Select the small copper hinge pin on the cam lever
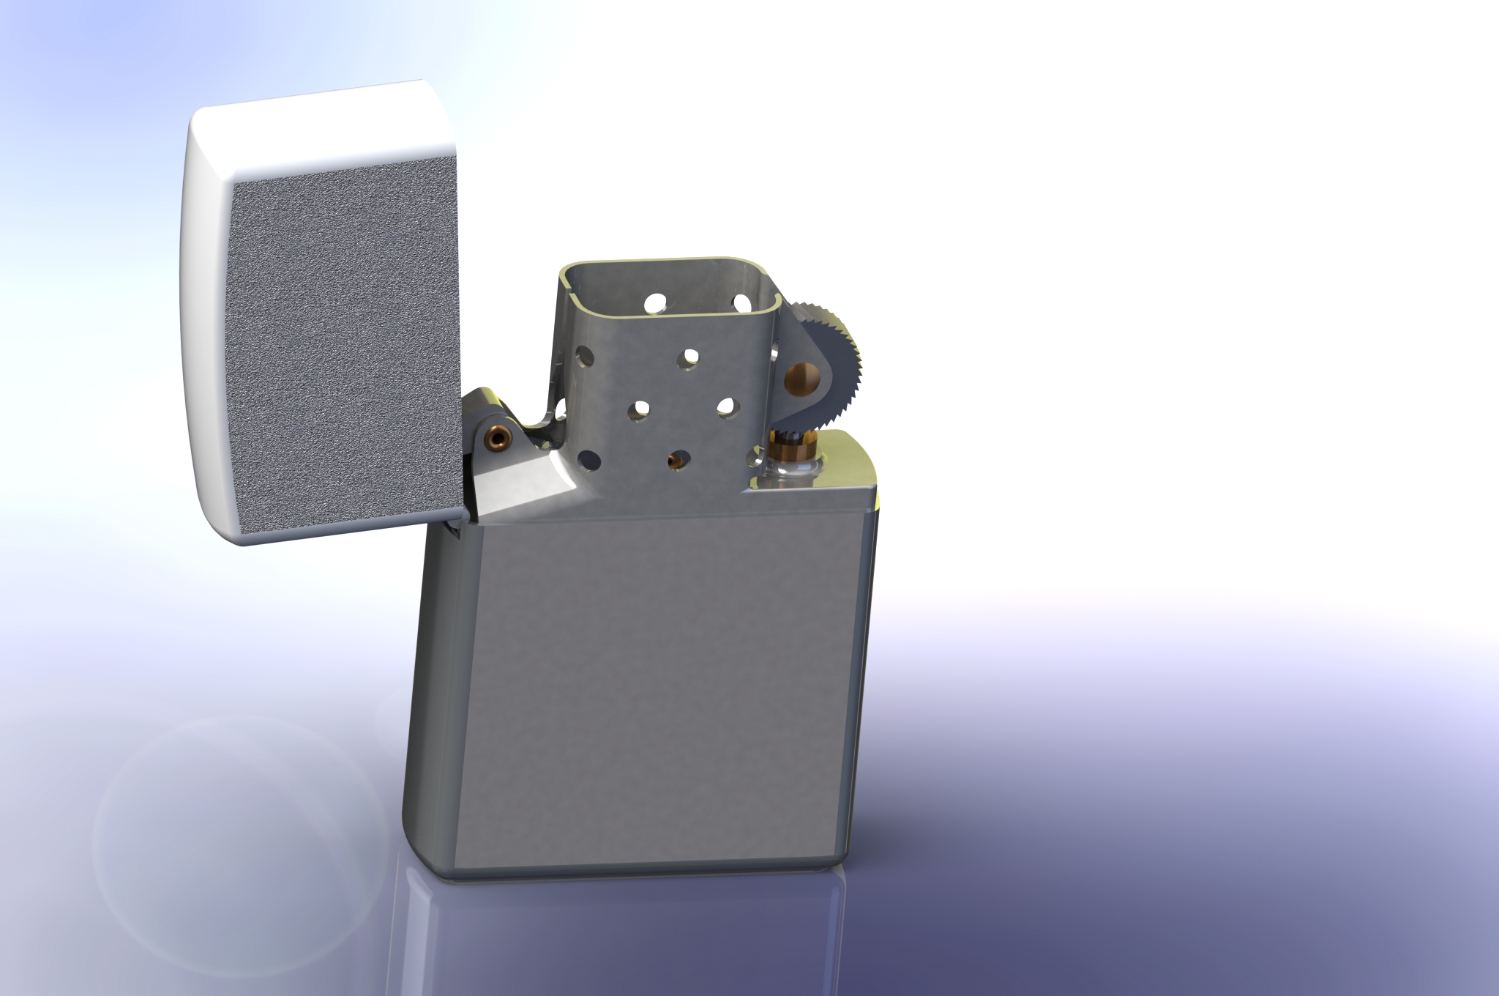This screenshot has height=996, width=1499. (499, 439)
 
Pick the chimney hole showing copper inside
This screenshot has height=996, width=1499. (676, 460)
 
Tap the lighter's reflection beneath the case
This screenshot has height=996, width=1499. (622, 937)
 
